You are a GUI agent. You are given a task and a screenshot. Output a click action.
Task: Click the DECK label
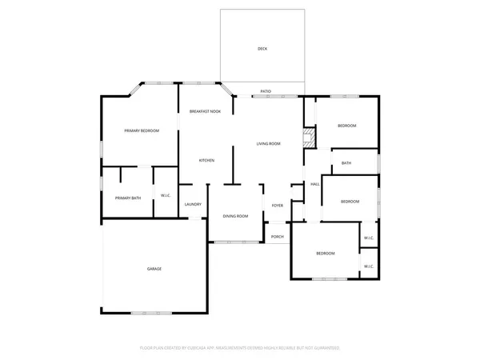click(262, 49)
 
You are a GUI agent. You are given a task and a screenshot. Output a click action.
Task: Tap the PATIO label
click(266, 92)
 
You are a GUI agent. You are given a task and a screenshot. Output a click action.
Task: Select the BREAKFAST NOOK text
click(205, 111)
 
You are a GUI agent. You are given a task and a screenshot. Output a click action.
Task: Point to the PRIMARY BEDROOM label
click(141, 130)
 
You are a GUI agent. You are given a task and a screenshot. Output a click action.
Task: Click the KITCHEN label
click(206, 161)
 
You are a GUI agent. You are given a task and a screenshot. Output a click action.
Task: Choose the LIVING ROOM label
click(268, 143)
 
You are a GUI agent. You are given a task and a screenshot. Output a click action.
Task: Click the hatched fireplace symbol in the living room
click(307, 135)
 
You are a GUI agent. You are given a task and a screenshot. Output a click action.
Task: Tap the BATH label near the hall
click(346, 163)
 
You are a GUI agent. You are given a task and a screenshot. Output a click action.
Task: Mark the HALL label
click(315, 184)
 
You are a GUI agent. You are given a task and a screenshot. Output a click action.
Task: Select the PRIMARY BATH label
click(128, 198)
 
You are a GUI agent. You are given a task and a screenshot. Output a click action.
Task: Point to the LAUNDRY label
click(193, 204)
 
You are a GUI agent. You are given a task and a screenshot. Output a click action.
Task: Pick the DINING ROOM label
click(235, 216)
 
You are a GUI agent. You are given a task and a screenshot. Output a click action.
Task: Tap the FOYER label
click(278, 206)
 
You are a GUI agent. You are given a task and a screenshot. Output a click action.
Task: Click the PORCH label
click(278, 237)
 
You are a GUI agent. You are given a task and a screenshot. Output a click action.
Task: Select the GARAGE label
click(154, 269)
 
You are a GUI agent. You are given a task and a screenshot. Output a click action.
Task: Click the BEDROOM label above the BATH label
click(346, 126)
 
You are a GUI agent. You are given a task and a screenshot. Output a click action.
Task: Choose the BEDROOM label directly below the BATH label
click(350, 202)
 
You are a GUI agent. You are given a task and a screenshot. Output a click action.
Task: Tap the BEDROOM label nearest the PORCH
click(325, 254)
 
